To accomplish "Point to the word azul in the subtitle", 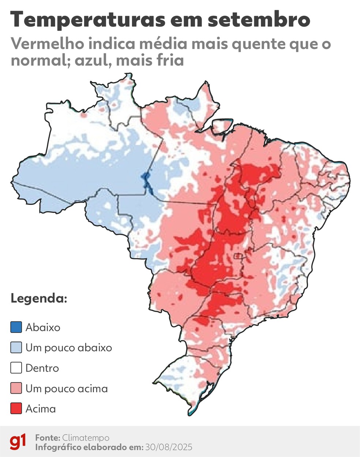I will coord(92,60).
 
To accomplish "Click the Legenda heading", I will coord(39,298).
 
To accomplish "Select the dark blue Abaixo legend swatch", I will coord(16,327).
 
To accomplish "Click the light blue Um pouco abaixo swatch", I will coord(16,348).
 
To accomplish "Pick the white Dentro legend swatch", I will coord(16,368).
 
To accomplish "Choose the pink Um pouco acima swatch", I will coord(16,388).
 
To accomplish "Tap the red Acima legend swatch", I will coord(16,409).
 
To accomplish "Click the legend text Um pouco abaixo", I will coord(69,348).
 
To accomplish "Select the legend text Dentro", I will coord(42,368).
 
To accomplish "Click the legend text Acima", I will coord(41,409).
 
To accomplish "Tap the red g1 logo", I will coord(18,442).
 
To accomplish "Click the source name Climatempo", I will coord(86,438).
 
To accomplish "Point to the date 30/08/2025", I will coord(168,447).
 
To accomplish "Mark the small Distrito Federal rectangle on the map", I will coord(238,256).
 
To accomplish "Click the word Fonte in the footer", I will coord(47,438).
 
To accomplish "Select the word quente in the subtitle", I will coord(243,44).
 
